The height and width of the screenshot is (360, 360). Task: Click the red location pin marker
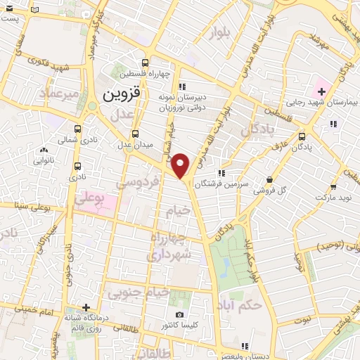(x=181, y=166)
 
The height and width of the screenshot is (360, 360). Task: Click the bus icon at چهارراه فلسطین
(x=146, y=62)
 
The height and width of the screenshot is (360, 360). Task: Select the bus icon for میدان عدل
(x=135, y=134)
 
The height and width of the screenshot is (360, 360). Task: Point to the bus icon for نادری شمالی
(x=77, y=129)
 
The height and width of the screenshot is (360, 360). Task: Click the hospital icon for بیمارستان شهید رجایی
(x=321, y=91)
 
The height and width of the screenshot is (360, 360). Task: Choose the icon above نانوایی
(x=44, y=149)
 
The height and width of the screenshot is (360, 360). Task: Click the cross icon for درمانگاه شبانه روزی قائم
(x=86, y=307)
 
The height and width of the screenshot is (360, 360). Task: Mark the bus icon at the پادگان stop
(x=302, y=136)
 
